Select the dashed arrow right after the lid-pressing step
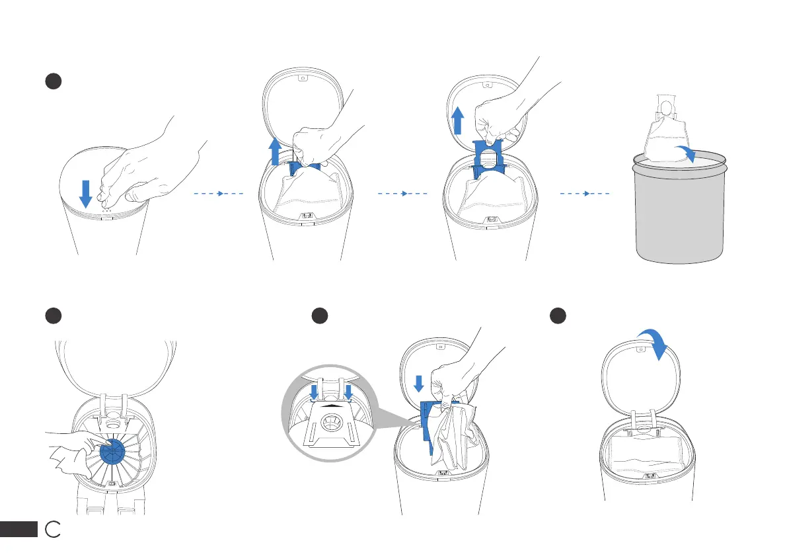pos(219,194)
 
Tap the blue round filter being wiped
pos(117,452)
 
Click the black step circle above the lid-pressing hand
pos(54,81)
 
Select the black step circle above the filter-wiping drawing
pos(54,316)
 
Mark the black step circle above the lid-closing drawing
pos(559,316)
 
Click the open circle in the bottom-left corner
pos(54,529)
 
